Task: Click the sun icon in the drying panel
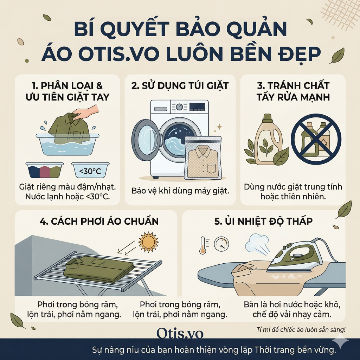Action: [x=149, y=242]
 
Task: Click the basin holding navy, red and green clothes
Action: [x=45, y=170]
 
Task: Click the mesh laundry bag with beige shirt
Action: [x=203, y=158]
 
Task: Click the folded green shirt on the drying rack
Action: [x=99, y=269]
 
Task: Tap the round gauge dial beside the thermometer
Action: [x=221, y=244]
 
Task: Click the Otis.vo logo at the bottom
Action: [x=180, y=333]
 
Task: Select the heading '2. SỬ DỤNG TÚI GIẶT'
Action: [x=180, y=86]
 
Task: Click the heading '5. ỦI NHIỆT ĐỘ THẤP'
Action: [x=263, y=221]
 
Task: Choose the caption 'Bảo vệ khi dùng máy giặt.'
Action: [x=180, y=191]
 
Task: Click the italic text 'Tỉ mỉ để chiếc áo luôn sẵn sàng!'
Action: [x=301, y=330]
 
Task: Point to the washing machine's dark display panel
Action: [x=197, y=107]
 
